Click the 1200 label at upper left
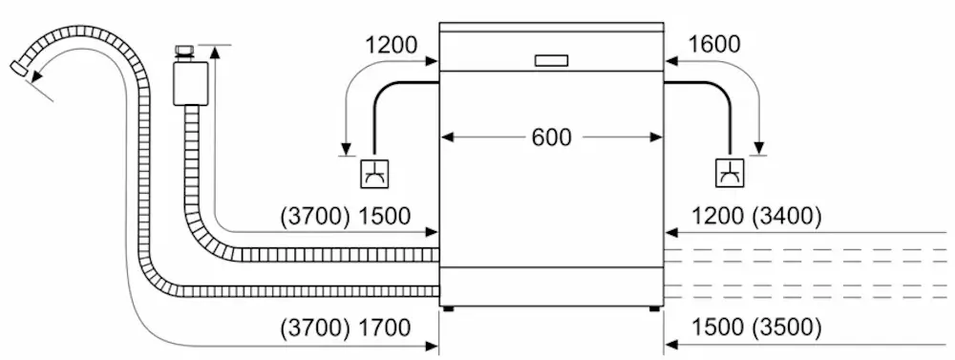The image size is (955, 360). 391,45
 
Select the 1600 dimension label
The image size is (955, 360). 712,45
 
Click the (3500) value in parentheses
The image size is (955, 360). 785,328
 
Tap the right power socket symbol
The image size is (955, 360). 730,174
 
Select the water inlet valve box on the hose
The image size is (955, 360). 186,82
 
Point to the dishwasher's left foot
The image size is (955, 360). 448,308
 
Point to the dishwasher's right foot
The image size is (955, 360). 654,308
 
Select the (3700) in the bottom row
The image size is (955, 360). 315,328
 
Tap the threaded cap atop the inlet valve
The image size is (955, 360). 185,50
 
